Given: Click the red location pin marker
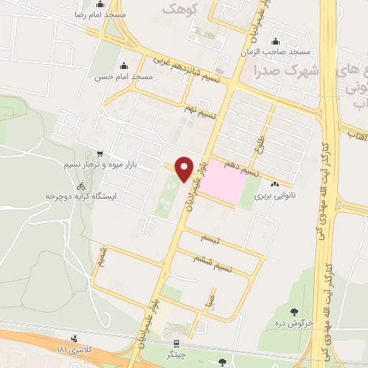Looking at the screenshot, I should click(185, 168).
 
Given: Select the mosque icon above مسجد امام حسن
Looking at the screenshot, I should click(127, 65).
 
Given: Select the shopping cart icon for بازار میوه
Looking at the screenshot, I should click(98, 154).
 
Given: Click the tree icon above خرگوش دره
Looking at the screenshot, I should click(294, 311).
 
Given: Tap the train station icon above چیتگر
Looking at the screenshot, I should click(173, 345).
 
